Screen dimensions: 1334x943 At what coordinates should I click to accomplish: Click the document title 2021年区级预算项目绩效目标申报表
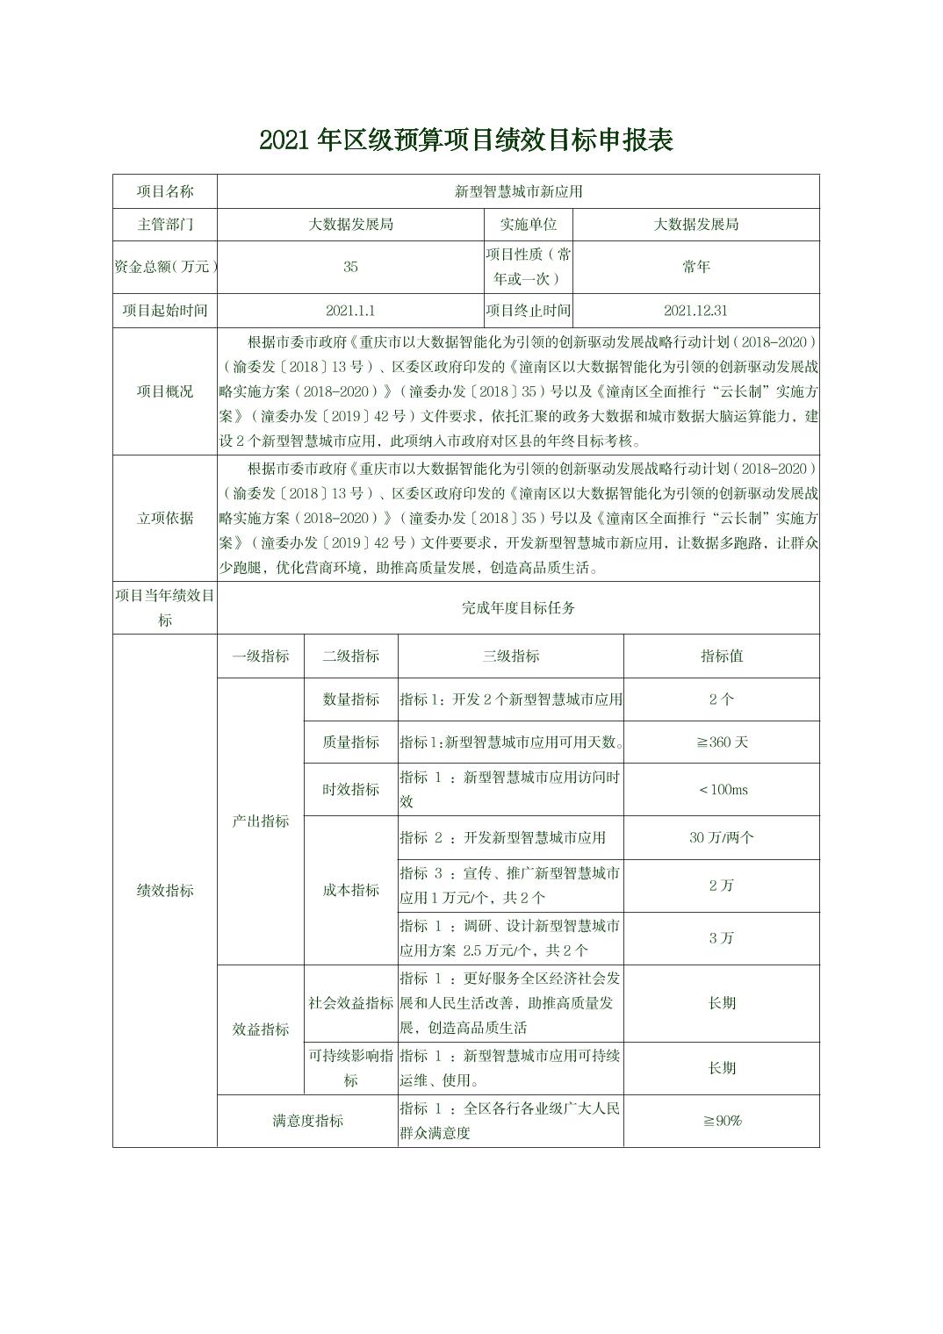465,140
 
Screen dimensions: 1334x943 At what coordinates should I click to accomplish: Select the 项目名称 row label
165,191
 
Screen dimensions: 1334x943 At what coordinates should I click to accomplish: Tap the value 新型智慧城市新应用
518,191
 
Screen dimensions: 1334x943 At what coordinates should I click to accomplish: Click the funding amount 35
350,267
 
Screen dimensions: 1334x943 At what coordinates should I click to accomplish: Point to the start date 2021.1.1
350,311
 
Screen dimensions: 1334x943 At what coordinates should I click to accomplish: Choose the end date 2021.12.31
695,311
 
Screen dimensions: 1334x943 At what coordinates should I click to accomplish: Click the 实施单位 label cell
529,225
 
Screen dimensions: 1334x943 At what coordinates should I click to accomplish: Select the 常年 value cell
695,267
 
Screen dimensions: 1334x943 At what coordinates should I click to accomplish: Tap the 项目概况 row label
165,391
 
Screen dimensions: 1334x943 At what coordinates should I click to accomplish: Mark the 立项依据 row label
165,518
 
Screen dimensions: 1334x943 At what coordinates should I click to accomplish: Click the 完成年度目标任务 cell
518,607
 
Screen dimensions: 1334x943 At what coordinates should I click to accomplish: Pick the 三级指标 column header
511,656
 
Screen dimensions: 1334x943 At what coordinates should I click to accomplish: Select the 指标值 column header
722,656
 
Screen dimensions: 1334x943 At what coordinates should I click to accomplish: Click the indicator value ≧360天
722,742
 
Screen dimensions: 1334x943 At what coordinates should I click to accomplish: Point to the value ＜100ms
722,790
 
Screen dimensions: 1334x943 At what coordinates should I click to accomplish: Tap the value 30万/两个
722,837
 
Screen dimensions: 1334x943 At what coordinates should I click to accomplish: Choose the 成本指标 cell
351,890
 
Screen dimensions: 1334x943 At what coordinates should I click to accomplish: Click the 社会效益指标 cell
351,1002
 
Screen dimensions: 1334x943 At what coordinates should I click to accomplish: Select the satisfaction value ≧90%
722,1121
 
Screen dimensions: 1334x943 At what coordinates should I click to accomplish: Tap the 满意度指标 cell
307,1121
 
